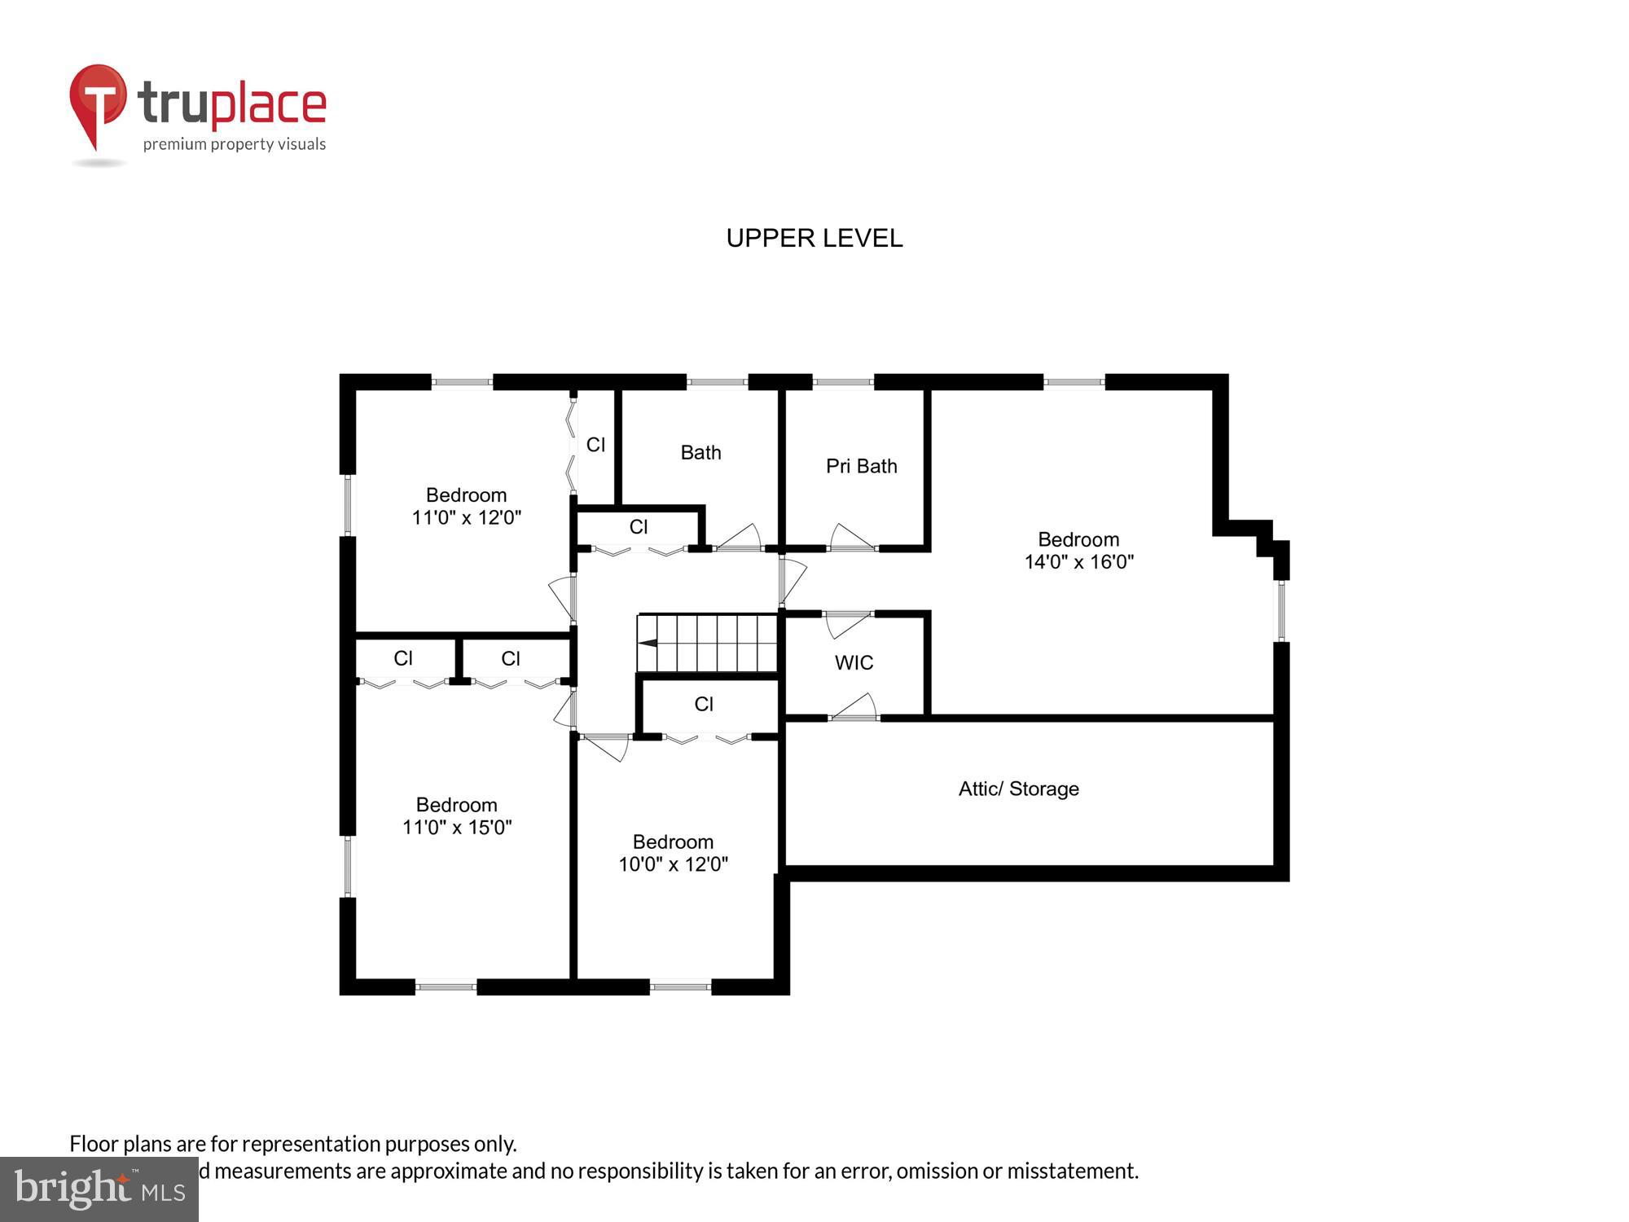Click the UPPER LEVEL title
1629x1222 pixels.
(x=814, y=238)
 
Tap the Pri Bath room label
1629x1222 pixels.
(x=861, y=466)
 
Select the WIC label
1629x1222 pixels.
(x=854, y=662)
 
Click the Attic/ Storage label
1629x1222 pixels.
(x=1018, y=789)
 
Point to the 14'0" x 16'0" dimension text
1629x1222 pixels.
(x=1078, y=562)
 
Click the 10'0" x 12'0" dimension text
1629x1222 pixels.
(x=673, y=864)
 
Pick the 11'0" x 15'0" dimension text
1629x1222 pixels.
(x=457, y=828)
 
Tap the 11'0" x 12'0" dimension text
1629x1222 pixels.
(x=466, y=517)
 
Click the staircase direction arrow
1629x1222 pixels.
(x=648, y=643)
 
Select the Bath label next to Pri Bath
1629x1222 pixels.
(x=700, y=452)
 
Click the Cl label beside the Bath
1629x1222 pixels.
(x=595, y=444)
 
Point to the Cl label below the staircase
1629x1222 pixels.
(x=704, y=704)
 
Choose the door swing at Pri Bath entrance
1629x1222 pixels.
(x=851, y=538)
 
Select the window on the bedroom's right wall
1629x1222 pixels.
(x=1280, y=610)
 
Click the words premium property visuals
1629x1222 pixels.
(x=235, y=145)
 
